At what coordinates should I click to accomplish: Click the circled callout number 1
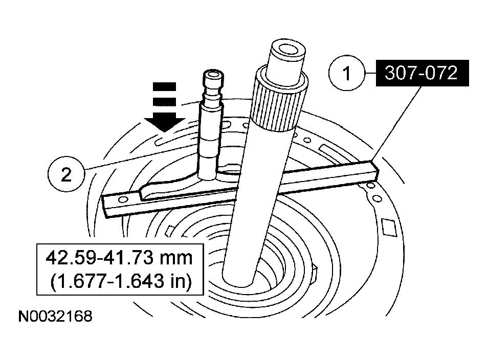(347, 74)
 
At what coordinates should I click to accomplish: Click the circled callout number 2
(66, 175)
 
